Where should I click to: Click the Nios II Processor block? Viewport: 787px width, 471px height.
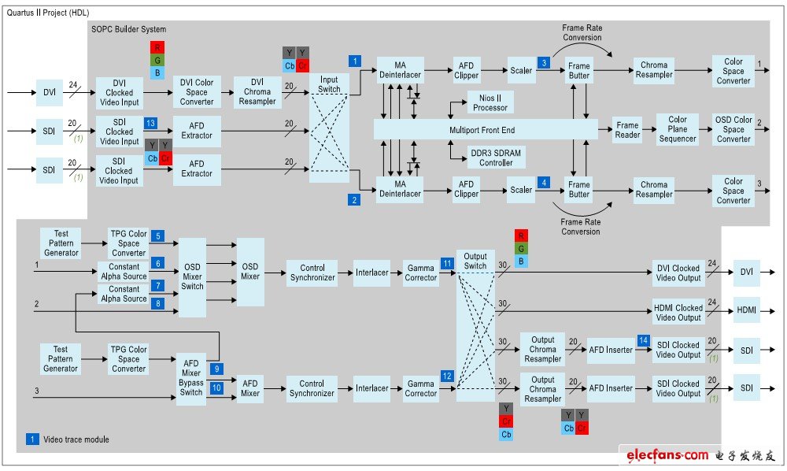pyautogui.click(x=490, y=102)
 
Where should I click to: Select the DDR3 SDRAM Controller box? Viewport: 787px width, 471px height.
pyautogui.click(x=496, y=158)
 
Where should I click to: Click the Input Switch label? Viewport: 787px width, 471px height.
pyautogui.click(x=329, y=84)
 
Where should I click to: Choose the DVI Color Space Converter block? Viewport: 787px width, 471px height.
pyautogui.click(x=197, y=92)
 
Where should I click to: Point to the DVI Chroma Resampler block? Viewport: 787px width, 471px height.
pyautogui.click(x=257, y=92)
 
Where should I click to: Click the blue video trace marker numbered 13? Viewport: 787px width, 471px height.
pyautogui.click(x=150, y=123)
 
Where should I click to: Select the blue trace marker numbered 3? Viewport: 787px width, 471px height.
pyautogui.click(x=544, y=63)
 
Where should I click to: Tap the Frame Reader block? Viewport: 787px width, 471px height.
pyautogui.click(x=627, y=129)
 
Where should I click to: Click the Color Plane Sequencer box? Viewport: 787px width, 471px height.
pyautogui.click(x=678, y=129)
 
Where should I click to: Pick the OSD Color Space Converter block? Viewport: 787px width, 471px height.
pyautogui.click(x=733, y=129)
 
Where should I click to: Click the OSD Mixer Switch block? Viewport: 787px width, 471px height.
pyautogui.click(x=192, y=277)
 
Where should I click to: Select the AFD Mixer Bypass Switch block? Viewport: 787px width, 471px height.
pyautogui.click(x=190, y=377)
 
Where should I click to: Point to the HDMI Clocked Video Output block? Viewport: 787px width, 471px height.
pyautogui.click(x=678, y=313)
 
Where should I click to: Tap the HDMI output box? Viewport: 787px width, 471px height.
pyautogui.click(x=746, y=310)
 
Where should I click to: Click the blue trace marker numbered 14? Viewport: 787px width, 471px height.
pyautogui.click(x=644, y=340)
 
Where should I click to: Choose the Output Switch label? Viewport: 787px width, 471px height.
pyautogui.click(x=475, y=261)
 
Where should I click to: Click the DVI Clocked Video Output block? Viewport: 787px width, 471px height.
pyautogui.click(x=678, y=273)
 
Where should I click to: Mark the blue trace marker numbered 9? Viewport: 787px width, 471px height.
pyautogui.click(x=216, y=369)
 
